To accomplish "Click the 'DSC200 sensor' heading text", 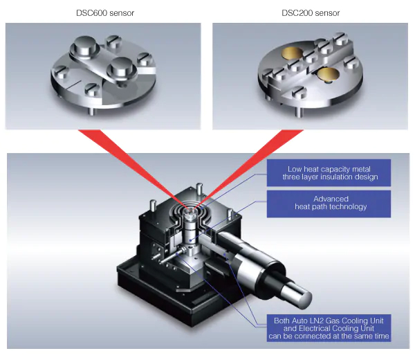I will (310, 13).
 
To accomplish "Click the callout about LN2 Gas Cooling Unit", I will (329, 328).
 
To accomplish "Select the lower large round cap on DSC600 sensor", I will (122, 69).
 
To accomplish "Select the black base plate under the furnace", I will (166, 305).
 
